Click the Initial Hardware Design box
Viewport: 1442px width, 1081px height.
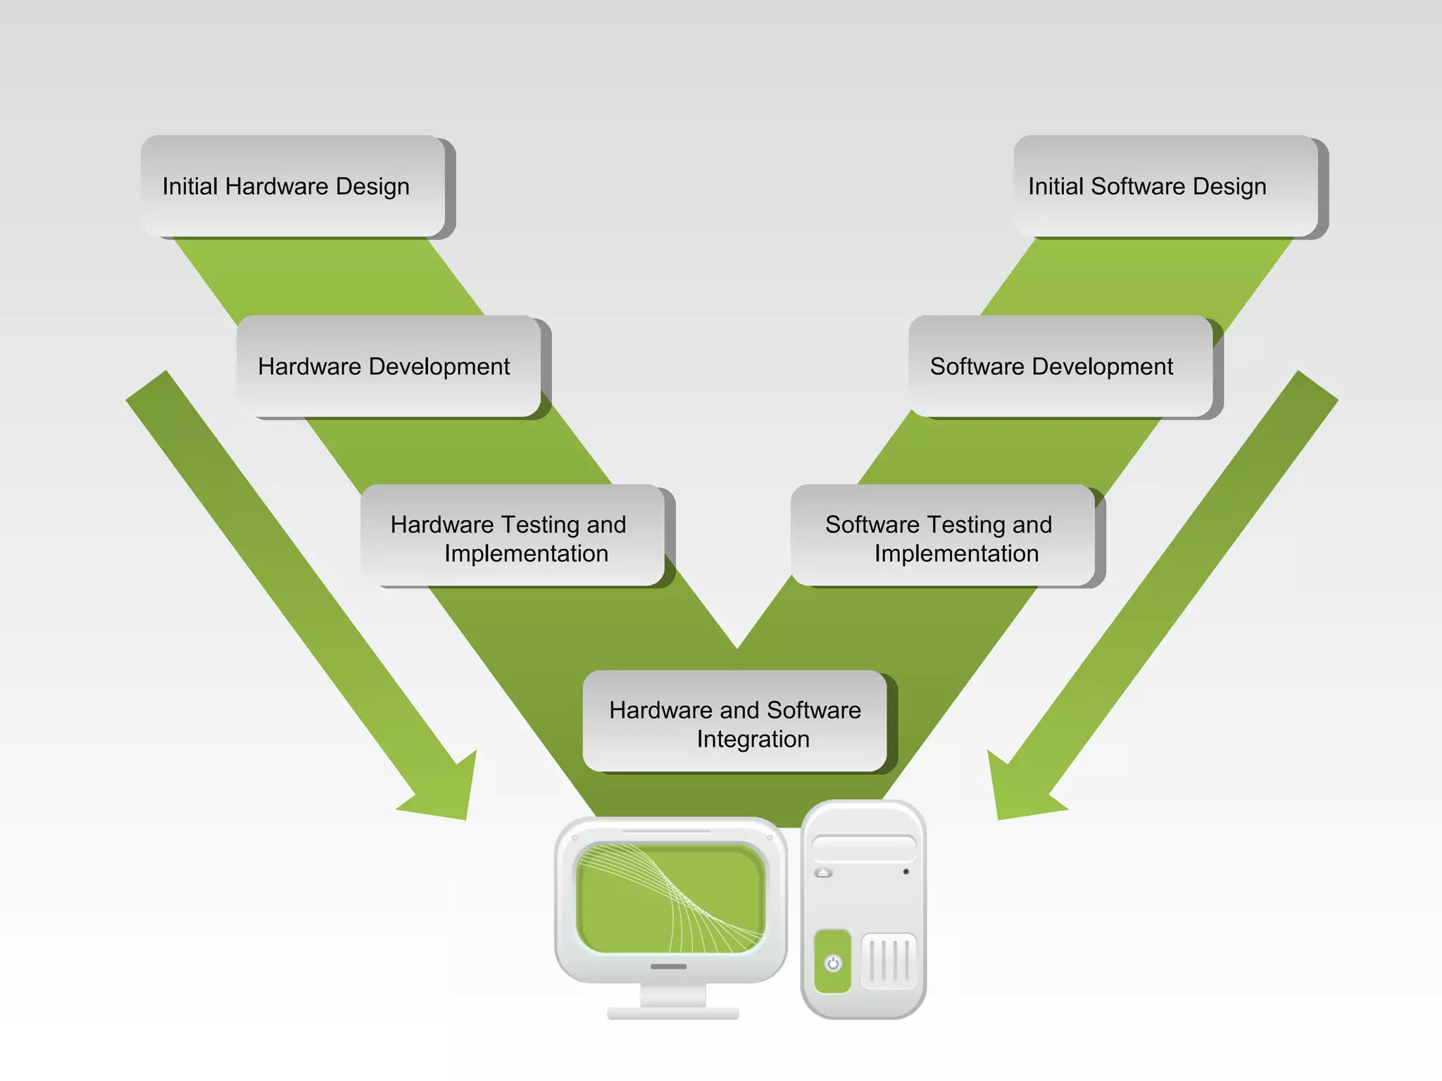point(293,186)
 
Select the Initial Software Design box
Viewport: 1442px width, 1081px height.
point(1165,186)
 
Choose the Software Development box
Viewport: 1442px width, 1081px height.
point(1060,366)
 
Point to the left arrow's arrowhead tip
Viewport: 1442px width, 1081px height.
point(465,818)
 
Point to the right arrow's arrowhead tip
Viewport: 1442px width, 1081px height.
point(999,818)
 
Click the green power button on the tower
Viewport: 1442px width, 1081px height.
point(833,962)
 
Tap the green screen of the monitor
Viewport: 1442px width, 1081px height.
point(670,898)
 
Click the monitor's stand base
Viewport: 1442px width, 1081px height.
point(673,1013)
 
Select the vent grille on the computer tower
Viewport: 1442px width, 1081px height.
point(889,961)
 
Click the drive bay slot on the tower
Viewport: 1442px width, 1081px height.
point(864,848)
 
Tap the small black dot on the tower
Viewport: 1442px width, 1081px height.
point(905,872)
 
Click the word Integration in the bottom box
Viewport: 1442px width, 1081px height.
point(753,739)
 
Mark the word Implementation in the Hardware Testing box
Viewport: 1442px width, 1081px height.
point(526,553)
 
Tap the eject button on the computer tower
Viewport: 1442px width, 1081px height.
point(824,873)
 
